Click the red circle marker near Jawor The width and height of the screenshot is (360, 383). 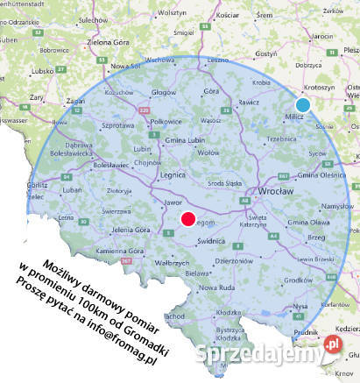click(187, 219)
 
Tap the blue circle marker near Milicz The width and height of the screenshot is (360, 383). click(303, 105)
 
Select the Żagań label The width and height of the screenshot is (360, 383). click(74, 101)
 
